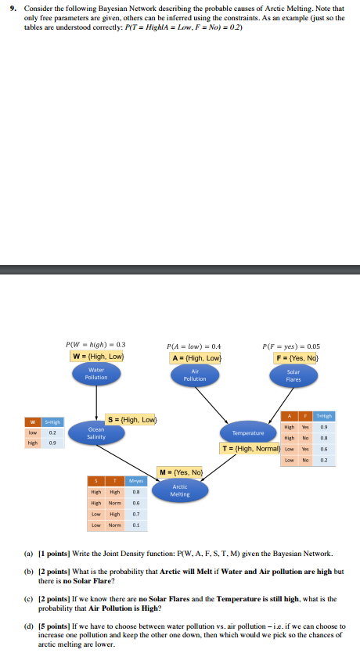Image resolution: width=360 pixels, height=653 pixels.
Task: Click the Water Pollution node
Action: click(96, 374)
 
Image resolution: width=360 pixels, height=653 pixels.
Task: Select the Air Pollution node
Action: click(195, 375)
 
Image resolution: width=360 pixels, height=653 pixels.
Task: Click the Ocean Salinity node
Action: click(96, 432)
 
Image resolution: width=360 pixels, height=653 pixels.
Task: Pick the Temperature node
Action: click(247, 432)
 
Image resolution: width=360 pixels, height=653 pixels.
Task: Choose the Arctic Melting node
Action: click(180, 490)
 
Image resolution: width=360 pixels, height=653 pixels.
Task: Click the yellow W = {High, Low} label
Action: click(98, 357)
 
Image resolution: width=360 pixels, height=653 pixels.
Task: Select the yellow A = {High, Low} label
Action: click(196, 358)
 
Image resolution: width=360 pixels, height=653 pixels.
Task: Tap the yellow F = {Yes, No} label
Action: click(293, 357)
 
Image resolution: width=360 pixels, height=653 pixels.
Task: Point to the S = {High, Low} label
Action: click(133, 419)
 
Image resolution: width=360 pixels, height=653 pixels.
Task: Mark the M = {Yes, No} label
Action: click(181, 472)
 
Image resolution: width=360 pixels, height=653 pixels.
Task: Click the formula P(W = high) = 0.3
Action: click(95, 344)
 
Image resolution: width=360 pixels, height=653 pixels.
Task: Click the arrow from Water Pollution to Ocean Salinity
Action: click(96, 403)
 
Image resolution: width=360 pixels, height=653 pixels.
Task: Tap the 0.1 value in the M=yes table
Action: click(135, 526)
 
